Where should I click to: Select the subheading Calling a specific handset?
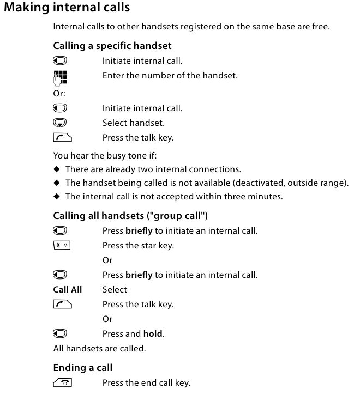pyautogui.click(x=112, y=46)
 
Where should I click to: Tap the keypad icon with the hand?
pyautogui.click(x=61, y=77)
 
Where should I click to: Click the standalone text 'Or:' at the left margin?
pyautogui.click(x=59, y=93)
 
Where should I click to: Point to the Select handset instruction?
pyautogui.click(x=133, y=123)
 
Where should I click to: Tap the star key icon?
pyautogui.click(x=62, y=246)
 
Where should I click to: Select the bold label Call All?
pyautogui.click(x=68, y=290)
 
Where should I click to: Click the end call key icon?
pyautogui.click(x=62, y=383)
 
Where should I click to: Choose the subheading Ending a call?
pyautogui.click(x=83, y=368)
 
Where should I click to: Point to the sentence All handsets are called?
pyautogui.click(x=99, y=348)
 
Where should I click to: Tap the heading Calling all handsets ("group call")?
pyautogui.click(x=130, y=216)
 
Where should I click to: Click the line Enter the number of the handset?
pyautogui.click(x=170, y=76)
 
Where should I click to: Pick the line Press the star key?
pyautogui.click(x=138, y=246)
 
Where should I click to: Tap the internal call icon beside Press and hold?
pyautogui.click(x=60, y=334)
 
